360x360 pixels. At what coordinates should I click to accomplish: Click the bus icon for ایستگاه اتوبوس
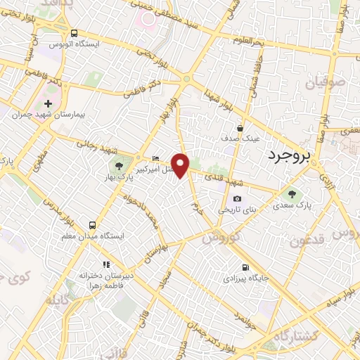point(74,33)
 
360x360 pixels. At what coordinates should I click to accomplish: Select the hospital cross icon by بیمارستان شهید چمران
point(48,103)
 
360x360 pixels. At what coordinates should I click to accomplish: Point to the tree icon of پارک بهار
point(117,167)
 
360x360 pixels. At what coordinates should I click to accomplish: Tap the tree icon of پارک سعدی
point(292,193)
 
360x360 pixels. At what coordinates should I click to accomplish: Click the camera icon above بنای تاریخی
point(237,200)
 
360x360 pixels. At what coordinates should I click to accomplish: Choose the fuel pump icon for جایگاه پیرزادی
point(245,267)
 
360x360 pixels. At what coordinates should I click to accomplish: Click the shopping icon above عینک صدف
point(240,128)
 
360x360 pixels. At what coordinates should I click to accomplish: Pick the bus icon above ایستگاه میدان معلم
point(92,226)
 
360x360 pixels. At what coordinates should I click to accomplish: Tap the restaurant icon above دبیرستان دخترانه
point(105,264)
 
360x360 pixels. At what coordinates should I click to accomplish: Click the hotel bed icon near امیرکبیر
point(155,158)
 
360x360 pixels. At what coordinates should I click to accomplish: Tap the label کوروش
point(221,238)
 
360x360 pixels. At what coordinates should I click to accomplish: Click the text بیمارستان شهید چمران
point(42,114)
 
